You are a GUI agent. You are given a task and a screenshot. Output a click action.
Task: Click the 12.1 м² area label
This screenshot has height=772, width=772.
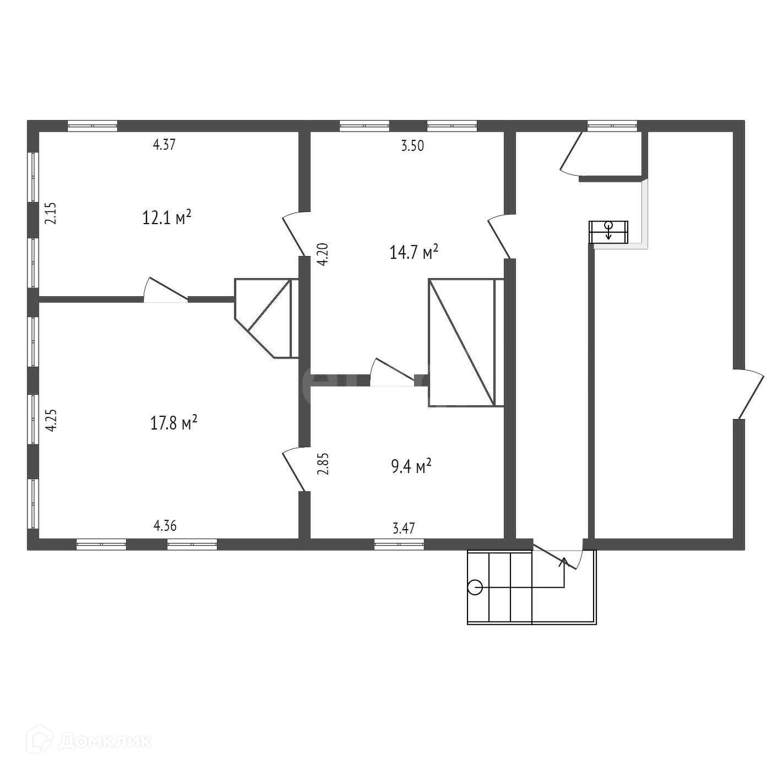[x=167, y=218]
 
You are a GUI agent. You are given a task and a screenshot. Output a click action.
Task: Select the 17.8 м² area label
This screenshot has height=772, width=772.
[x=174, y=424]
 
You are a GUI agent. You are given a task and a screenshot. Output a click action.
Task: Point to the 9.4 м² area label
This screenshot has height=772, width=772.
[x=411, y=467]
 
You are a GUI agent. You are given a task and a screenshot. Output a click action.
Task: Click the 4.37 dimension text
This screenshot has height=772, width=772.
[x=164, y=145]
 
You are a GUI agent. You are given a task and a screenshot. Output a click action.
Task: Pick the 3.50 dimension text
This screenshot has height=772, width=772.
[x=412, y=146]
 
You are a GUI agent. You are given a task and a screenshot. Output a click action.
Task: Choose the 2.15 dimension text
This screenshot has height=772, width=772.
[x=51, y=213]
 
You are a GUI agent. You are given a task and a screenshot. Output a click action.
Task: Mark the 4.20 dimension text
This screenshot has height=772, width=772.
[x=324, y=254]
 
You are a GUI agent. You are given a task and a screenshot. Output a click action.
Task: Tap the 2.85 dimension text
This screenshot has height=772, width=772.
[x=324, y=464]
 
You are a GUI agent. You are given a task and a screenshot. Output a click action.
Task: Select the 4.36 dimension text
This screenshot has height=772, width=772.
[x=165, y=526]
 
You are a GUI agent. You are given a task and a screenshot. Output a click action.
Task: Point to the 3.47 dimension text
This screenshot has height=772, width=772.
[x=404, y=529]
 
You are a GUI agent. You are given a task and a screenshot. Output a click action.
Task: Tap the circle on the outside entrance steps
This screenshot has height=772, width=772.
[x=475, y=588]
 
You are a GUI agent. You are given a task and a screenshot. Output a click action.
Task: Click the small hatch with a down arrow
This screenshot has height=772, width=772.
[x=608, y=231]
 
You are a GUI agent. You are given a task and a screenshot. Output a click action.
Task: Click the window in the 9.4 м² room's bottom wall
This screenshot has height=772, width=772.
[x=399, y=545]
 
